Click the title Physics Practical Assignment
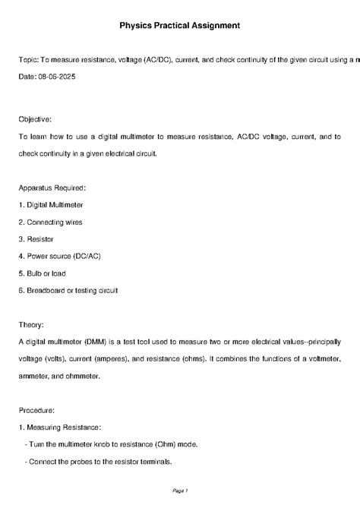[x=179, y=25]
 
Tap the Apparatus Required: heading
[x=52, y=187]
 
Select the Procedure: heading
[x=37, y=409]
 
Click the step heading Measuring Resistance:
[x=58, y=427]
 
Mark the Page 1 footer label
[x=180, y=491]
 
